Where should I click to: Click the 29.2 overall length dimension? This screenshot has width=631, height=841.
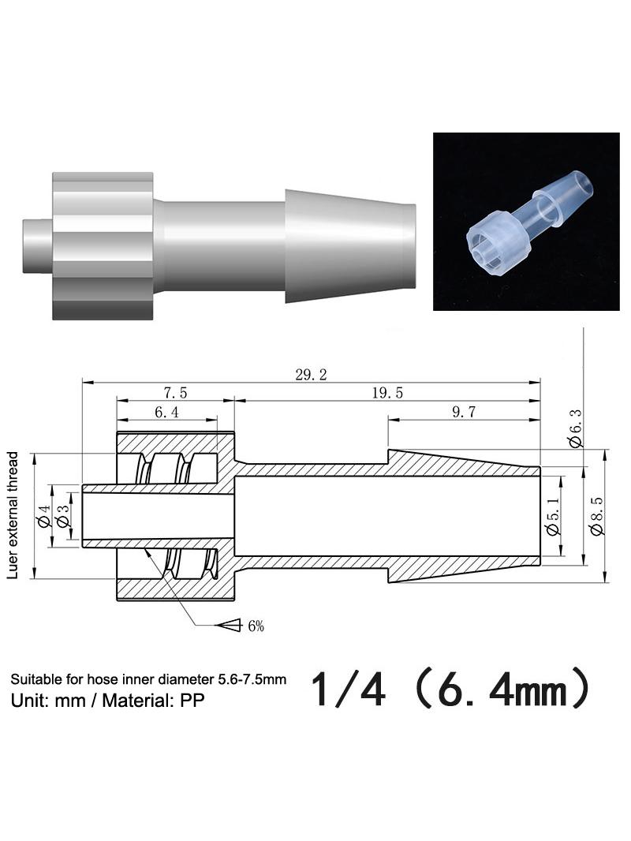tap(311, 375)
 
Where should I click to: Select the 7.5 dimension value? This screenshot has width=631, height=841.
tap(175, 393)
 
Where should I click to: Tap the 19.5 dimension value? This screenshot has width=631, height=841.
tap(387, 393)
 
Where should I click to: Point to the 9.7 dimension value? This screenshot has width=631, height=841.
tap(464, 412)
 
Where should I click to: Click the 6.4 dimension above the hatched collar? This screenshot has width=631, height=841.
tap(166, 412)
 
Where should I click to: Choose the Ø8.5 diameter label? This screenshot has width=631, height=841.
tap(596, 516)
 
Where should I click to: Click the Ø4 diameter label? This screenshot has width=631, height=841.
tap(43, 515)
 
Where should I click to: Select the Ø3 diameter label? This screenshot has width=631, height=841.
tap(63, 515)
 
